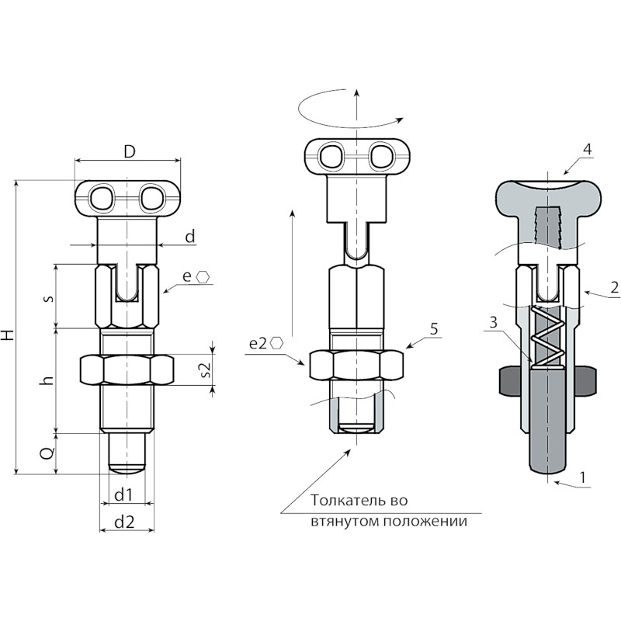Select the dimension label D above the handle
point(129,151)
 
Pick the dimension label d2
point(124,522)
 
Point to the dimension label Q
point(47,453)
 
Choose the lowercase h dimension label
point(47,380)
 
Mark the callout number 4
point(588,149)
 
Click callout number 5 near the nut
point(434,328)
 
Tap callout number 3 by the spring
point(493,322)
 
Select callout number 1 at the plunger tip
point(582,477)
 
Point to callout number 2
point(614,287)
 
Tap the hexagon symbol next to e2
point(276,343)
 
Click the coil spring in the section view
point(547,338)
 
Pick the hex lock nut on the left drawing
point(127,369)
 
